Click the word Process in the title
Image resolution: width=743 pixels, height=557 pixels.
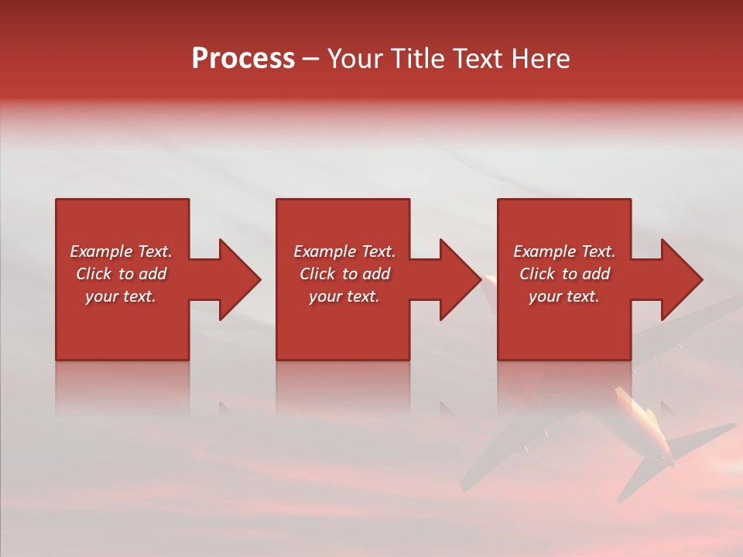(x=243, y=59)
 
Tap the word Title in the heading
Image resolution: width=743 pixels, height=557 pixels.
(x=418, y=59)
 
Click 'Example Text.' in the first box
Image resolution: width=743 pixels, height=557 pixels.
(x=121, y=251)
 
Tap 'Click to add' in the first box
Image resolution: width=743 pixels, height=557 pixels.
(x=121, y=274)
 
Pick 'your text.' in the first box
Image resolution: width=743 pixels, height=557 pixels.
(x=121, y=296)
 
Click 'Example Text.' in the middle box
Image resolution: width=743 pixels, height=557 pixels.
(x=344, y=251)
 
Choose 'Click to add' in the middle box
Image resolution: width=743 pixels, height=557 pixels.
(x=344, y=274)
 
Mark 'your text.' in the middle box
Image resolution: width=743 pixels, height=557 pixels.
(x=344, y=296)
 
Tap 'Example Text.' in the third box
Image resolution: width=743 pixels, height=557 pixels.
(x=564, y=251)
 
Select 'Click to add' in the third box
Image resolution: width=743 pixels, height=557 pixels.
(x=564, y=274)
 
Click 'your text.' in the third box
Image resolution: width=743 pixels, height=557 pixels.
(x=564, y=296)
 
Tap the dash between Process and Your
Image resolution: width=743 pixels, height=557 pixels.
(x=310, y=60)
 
